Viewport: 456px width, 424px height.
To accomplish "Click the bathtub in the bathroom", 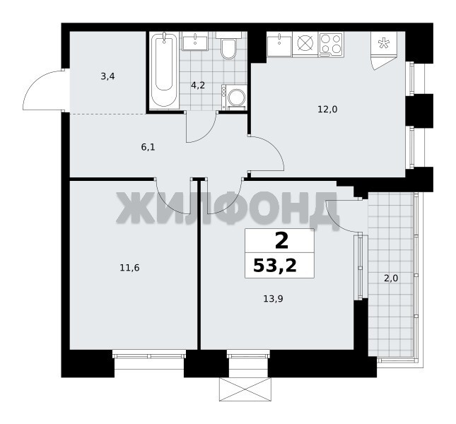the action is point(164,70).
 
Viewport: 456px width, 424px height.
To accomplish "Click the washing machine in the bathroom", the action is point(234,98).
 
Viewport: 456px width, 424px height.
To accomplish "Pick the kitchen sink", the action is point(279,44).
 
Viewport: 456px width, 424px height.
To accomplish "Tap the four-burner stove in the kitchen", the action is point(331,45).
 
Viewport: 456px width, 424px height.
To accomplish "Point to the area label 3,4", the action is point(107,77).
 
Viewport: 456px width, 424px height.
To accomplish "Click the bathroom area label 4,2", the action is point(198,86).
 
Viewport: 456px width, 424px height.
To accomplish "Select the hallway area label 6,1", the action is point(148,147).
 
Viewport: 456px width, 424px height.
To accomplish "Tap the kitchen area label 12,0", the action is point(327,110).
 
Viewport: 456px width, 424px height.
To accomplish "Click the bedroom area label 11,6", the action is point(129,268).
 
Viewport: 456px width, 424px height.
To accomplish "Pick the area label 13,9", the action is point(273,298).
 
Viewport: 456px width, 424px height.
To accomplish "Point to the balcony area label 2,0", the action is point(391,278).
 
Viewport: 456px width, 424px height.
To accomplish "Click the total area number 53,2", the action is point(275,265).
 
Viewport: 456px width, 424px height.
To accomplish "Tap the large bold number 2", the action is point(281,241).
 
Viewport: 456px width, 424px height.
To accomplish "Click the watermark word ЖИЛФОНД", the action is point(228,207).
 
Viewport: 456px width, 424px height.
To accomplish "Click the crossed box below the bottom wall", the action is point(245,389).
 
